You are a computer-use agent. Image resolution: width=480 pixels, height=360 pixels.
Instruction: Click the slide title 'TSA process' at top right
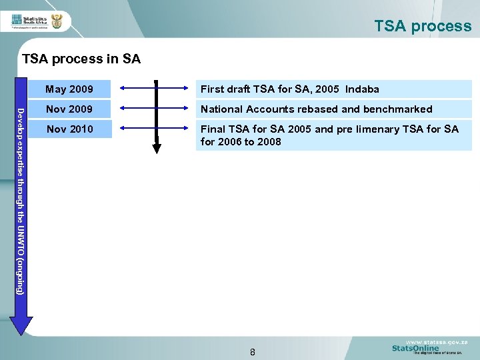(423, 26)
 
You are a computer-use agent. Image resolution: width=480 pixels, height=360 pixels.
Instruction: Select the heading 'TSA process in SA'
(81, 59)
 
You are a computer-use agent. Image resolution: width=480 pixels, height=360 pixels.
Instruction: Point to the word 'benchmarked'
(397, 109)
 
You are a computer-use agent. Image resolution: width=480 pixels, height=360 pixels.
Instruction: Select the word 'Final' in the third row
(213, 129)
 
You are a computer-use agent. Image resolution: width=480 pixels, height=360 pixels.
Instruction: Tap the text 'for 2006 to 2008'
(241, 141)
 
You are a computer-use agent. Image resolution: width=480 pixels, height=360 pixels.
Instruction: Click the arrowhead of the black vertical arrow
(157, 148)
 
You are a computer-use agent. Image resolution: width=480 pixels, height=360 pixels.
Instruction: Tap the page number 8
(253, 351)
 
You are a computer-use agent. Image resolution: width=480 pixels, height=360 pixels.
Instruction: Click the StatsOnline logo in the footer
(415, 348)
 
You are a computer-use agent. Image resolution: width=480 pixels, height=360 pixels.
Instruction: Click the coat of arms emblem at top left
(57, 21)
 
